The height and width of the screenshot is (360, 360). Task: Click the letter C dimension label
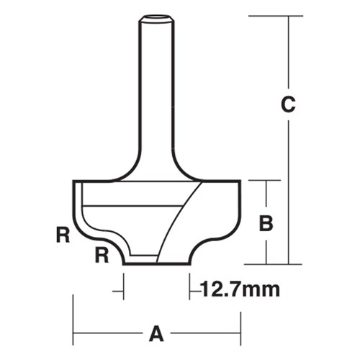click(287, 105)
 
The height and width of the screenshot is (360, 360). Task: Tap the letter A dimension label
click(156, 334)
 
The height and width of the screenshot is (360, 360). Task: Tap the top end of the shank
click(157, 16)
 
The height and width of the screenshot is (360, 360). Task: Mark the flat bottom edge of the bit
click(157, 264)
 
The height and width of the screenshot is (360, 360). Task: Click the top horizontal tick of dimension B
click(266, 181)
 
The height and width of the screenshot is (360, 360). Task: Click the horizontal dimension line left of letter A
click(108, 333)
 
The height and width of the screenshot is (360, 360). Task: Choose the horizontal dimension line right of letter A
click(205, 333)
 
